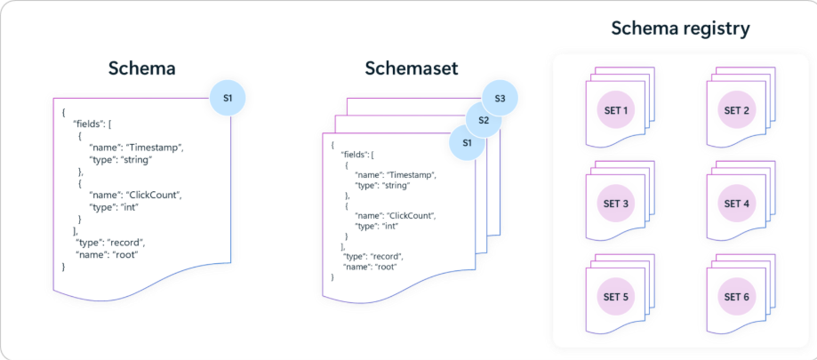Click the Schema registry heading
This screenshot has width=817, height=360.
tap(680, 28)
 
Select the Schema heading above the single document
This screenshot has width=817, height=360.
tap(141, 68)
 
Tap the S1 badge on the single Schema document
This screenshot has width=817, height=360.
tap(228, 97)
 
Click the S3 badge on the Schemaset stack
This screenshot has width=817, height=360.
tap(501, 98)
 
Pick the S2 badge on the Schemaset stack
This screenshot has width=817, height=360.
tap(484, 120)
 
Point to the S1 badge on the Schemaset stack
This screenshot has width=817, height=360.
tap(467, 142)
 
